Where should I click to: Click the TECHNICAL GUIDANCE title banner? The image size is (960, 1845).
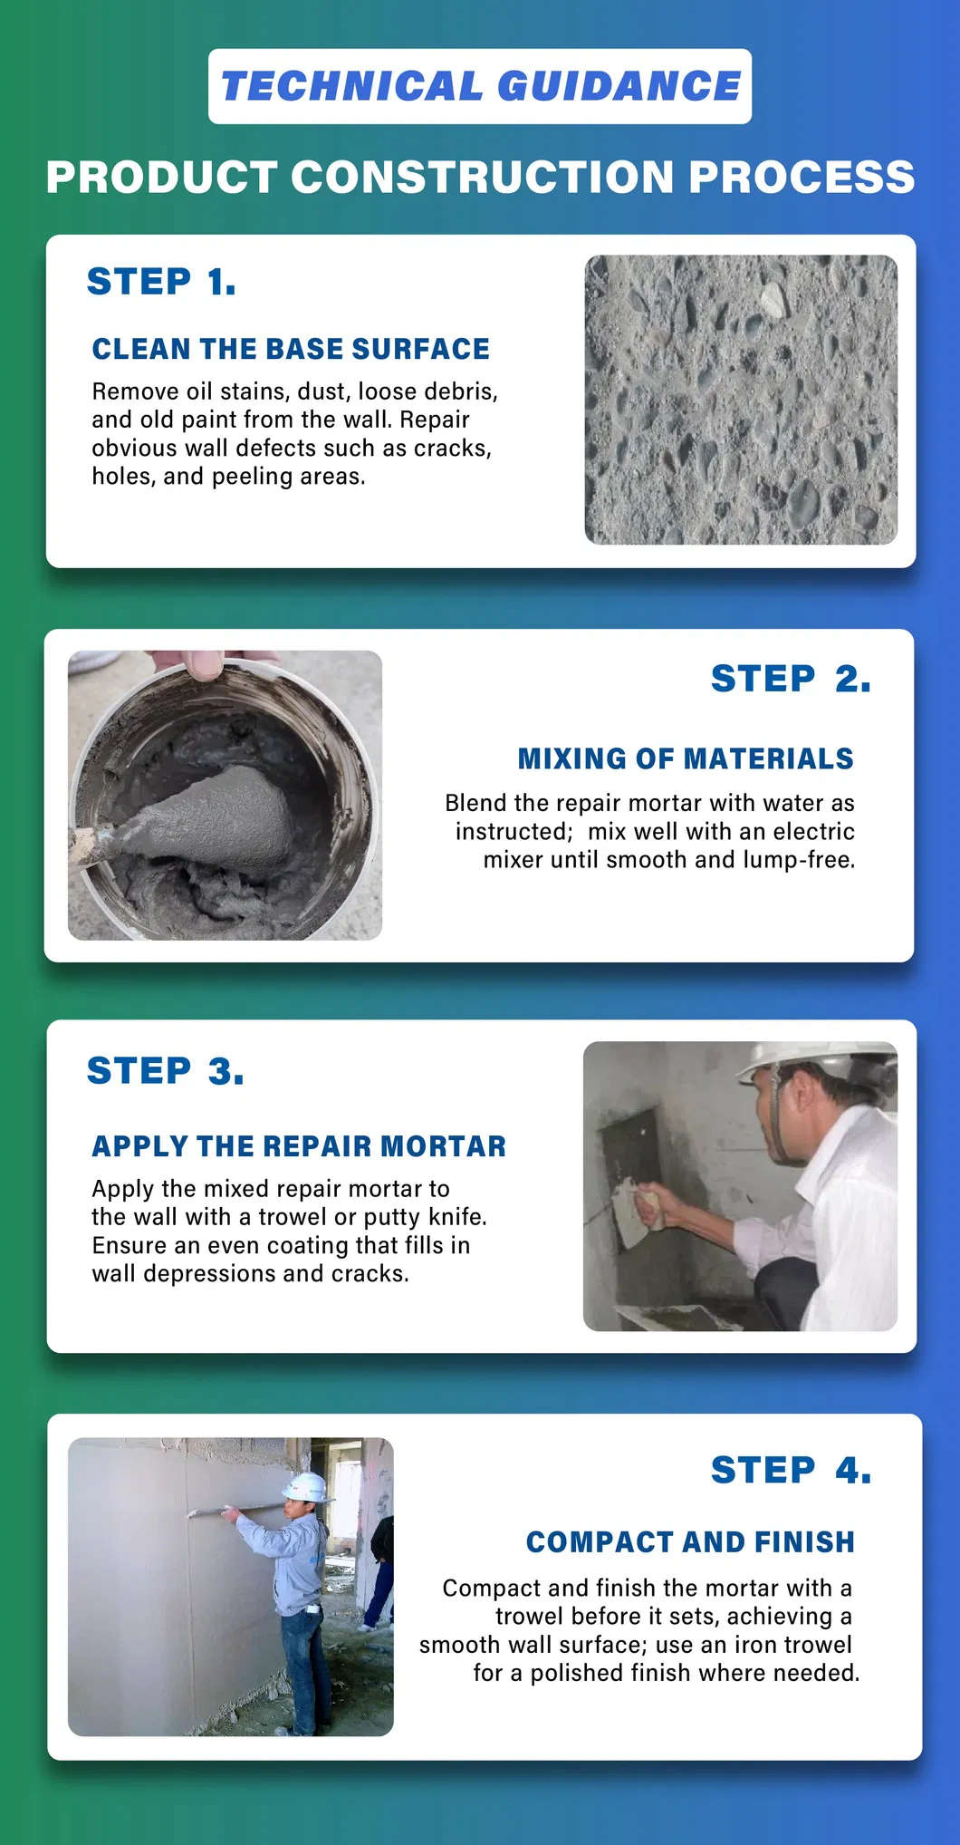(x=480, y=86)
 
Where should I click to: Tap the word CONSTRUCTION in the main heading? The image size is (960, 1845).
(x=482, y=177)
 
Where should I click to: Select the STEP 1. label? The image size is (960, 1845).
(x=161, y=282)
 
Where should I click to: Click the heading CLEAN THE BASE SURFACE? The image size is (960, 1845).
(x=291, y=349)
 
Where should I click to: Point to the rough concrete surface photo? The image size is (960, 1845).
(x=741, y=400)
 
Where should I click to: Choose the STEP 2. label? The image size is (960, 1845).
(x=791, y=679)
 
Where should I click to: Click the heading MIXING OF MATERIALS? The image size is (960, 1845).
(x=686, y=758)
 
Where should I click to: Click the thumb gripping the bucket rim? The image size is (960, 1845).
(x=203, y=665)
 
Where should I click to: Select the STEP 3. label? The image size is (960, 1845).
(x=166, y=1071)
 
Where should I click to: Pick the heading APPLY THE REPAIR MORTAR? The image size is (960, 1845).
(x=299, y=1146)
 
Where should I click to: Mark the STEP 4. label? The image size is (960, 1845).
(x=791, y=1470)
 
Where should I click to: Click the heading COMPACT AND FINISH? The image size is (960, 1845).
(x=690, y=1541)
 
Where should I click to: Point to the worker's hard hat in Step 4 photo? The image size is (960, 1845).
(x=305, y=1485)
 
